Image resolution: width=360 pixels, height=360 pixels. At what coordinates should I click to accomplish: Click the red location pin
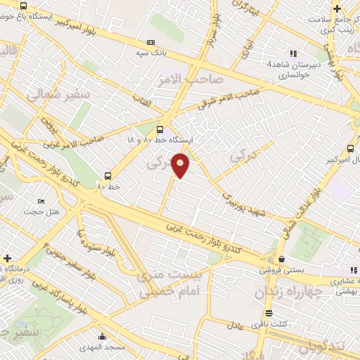pyautogui.click(x=181, y=165)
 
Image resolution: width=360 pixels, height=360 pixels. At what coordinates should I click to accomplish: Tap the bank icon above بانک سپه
pyautogui.click(x=150, y=42)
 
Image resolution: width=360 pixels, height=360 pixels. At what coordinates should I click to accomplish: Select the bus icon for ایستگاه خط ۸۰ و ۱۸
pyautogui.click(x=160, y=129)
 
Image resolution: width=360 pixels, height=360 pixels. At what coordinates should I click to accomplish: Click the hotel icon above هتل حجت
pyautogui.click(x=41, y=201)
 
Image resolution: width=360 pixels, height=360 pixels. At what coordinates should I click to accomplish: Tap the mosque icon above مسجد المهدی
pyautogui.click(x=103, y=336)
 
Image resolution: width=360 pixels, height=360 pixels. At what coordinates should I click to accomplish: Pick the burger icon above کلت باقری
pyautogui.click(x=269, y=314)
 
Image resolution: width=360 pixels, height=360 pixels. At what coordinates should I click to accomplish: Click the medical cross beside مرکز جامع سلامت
pyautogui.click(x=338, y=9)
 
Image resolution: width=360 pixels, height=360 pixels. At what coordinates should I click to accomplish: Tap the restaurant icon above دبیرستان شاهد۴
pyautogui.click(x=294, y=53)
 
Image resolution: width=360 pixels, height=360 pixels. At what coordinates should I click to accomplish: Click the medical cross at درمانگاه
pyautogui.click(x=8, y=258)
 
